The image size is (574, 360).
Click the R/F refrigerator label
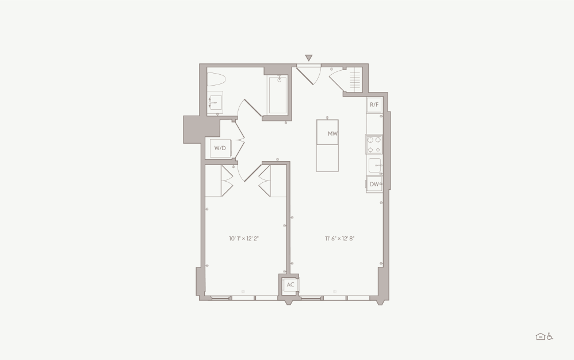coord(374,105)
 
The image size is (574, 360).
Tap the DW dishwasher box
coord(374,184)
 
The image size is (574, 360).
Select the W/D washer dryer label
coord(220,148)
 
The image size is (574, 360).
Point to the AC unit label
coord(290,284)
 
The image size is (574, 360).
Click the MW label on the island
coord(332,133)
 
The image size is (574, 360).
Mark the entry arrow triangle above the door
coord(309,58)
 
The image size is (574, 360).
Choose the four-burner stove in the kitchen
coord(374,144)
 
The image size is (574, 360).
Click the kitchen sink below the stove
coord(375,166)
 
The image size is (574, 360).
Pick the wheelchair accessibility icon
coord(550,336)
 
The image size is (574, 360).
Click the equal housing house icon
coord(540,336)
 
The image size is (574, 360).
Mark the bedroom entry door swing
coord(248,172)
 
